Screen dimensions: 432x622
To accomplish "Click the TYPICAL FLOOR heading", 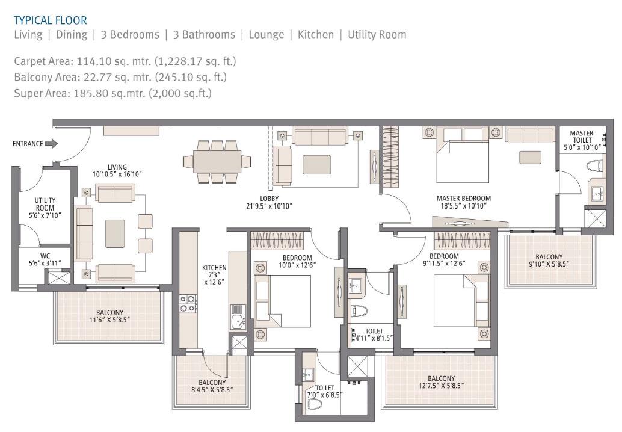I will coord(51,20).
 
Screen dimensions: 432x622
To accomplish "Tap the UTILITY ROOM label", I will coord(45,208).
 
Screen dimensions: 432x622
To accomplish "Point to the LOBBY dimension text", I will coord(268,206).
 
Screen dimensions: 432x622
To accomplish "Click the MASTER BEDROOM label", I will coord(463,202).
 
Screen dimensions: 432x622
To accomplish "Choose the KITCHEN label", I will coord(214,274).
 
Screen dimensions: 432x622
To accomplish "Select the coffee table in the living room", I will coord(115,233).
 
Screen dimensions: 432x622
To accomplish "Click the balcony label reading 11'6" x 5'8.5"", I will coord(109,316).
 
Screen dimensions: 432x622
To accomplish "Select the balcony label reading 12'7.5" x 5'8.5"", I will coord(442,382).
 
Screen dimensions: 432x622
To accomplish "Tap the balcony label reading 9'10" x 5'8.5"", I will coord(549,260).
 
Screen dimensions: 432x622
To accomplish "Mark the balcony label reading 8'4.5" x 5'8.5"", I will coord(212,386).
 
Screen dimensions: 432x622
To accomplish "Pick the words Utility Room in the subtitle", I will coord(377,34).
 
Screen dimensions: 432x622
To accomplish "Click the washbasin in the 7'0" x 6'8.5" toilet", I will coord(309,372).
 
